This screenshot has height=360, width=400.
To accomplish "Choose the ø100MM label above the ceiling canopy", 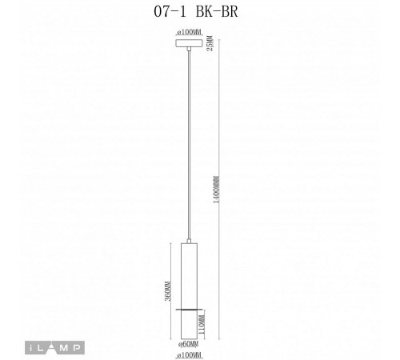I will [190, 31].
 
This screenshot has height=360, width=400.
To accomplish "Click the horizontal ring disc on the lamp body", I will [190, 306].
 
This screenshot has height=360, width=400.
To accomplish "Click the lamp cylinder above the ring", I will [190, 272].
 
